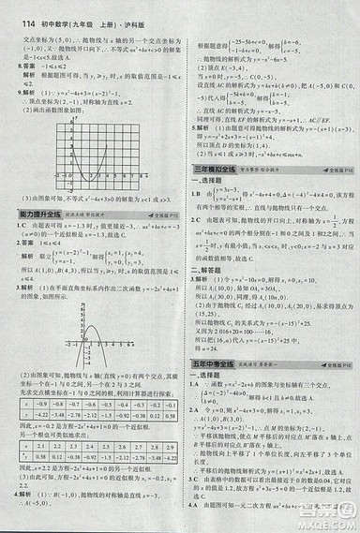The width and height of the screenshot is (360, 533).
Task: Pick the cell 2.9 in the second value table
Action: click(x=168, y=446)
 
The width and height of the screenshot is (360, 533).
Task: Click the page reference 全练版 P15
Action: click(x=160, y=215)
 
